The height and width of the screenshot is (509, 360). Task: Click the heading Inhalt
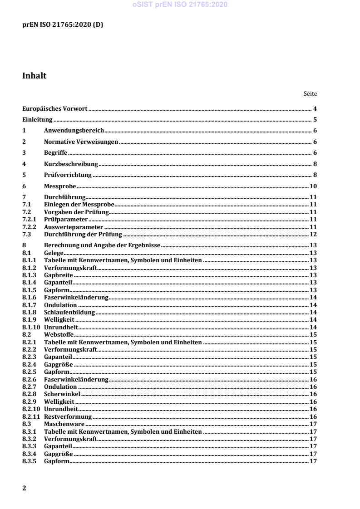(34, 76)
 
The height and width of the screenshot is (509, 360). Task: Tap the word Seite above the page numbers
(310, 94)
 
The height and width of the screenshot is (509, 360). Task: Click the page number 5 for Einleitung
(314, 120)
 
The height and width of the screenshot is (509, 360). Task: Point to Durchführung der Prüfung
(83, 234)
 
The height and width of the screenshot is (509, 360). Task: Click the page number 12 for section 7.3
(313, 234)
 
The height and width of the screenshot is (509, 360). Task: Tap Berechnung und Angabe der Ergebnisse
(102, 245)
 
